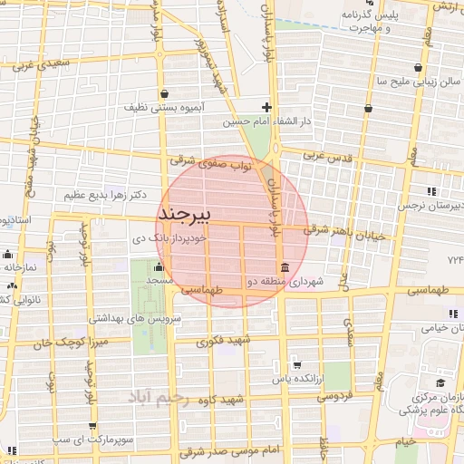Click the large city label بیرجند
(x=184, y=214)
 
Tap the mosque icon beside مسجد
(x=159, y=266)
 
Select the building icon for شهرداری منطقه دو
(x=285, y=267)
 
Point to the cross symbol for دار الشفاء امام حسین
(x=266, y=106)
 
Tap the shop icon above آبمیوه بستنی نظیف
(x=163, y=93)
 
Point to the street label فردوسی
(x=332, y=396)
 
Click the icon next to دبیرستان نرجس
(x=430, y=191)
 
